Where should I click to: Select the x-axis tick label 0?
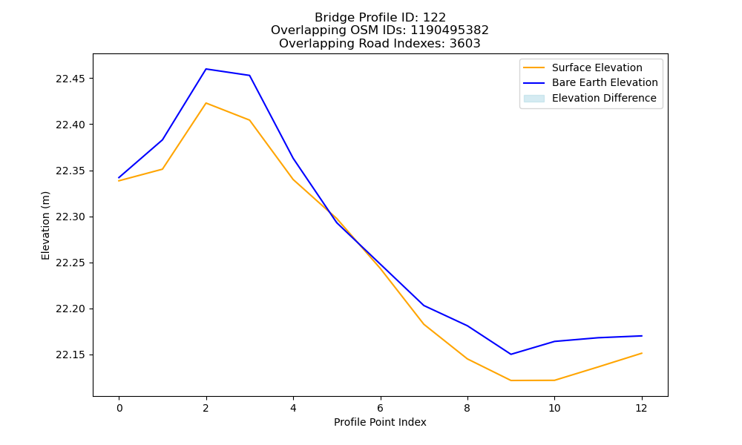tap(119, 408)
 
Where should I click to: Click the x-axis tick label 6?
tap(381, 408)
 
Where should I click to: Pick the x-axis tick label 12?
tap(641, 408)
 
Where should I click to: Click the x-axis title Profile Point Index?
tap(380, 422)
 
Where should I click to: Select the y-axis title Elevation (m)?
tap(45, 225)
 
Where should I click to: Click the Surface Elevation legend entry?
tap(597, 67)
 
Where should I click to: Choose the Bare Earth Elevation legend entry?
tap(605, 83)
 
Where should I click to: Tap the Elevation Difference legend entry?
tap(604, 99)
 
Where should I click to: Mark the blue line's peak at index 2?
tap(206, 69)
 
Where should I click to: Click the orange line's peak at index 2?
tap(206, 103)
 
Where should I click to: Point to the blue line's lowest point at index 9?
tap(511, 355)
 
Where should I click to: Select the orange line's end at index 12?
tap(642, 353)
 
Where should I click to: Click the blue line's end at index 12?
tap(642, 336)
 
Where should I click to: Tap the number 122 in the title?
tap(434, 18)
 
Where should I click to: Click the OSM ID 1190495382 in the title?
tap(450, 30)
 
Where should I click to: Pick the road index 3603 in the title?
tap(464, 44)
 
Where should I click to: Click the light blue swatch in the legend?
tap(533, 99)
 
